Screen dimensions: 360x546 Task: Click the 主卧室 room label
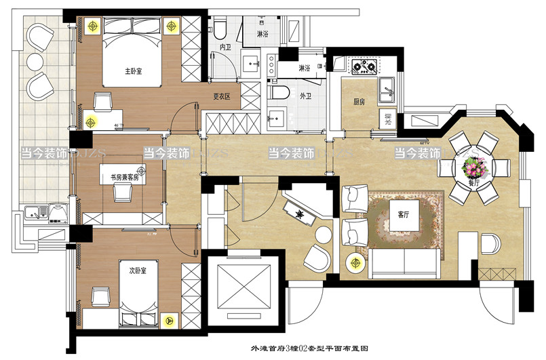pyautogui.click(x=133, y=71)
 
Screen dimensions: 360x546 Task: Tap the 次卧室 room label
pyautogui.click(x=138, y=270)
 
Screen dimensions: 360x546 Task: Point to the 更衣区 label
pyautogui.click(x=222, y=97)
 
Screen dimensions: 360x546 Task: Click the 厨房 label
pyautogui.click(x=359, y=102)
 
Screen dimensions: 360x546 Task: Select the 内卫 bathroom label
pyautogui.click(x=226, y=47)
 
